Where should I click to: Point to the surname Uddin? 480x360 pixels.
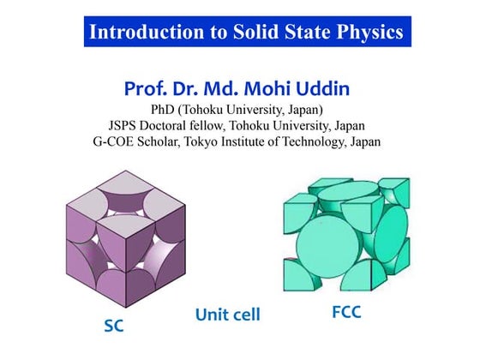[323, 88]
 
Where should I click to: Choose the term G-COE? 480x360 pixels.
[116, 141]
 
